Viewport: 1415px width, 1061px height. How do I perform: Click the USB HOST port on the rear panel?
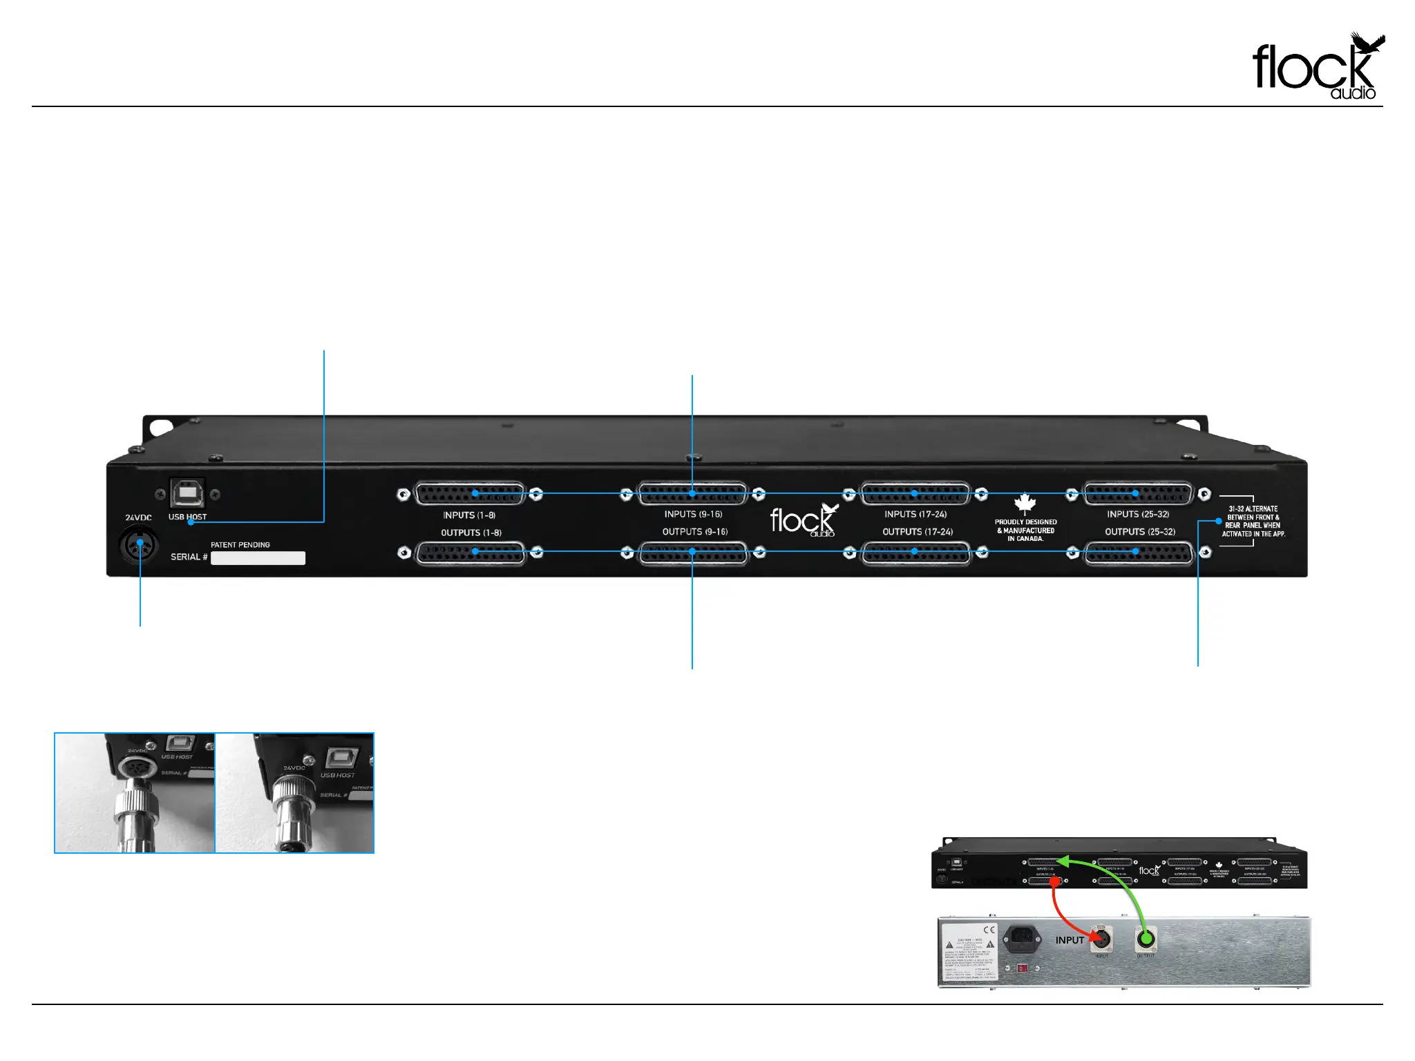(x=187, y=493)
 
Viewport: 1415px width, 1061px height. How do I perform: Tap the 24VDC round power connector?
(x=139, y=544)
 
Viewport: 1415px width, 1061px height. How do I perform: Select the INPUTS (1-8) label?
(x=469, y=515)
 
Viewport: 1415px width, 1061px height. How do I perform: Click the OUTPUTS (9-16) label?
(x=694, y=532)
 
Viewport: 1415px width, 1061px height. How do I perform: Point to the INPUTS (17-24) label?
(x=915, y=515)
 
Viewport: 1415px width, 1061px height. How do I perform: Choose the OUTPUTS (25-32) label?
(x=1139, y=532)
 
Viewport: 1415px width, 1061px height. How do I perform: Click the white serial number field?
(x=258, y=558)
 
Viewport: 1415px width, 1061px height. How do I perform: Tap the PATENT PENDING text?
(x=240, y=545)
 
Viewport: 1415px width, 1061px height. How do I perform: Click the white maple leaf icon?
(x=1025, y=504)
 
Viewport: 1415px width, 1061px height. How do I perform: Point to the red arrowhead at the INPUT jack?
(x=1094, y=937)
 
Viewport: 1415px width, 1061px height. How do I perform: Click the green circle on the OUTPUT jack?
(x=1146, y=939)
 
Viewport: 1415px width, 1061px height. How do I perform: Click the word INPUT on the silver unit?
(x=1070, y=940)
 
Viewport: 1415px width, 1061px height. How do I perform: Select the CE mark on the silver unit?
(x=989, y=930)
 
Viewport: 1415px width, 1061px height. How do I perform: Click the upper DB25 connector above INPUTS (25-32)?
(x=1138, y=494)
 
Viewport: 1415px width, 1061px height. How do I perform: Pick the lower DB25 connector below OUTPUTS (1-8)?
(x=470, y=553)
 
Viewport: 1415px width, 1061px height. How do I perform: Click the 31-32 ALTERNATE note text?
(x=1253, y=522)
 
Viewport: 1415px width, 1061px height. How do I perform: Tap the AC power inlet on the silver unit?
(x=1022, y=937)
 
